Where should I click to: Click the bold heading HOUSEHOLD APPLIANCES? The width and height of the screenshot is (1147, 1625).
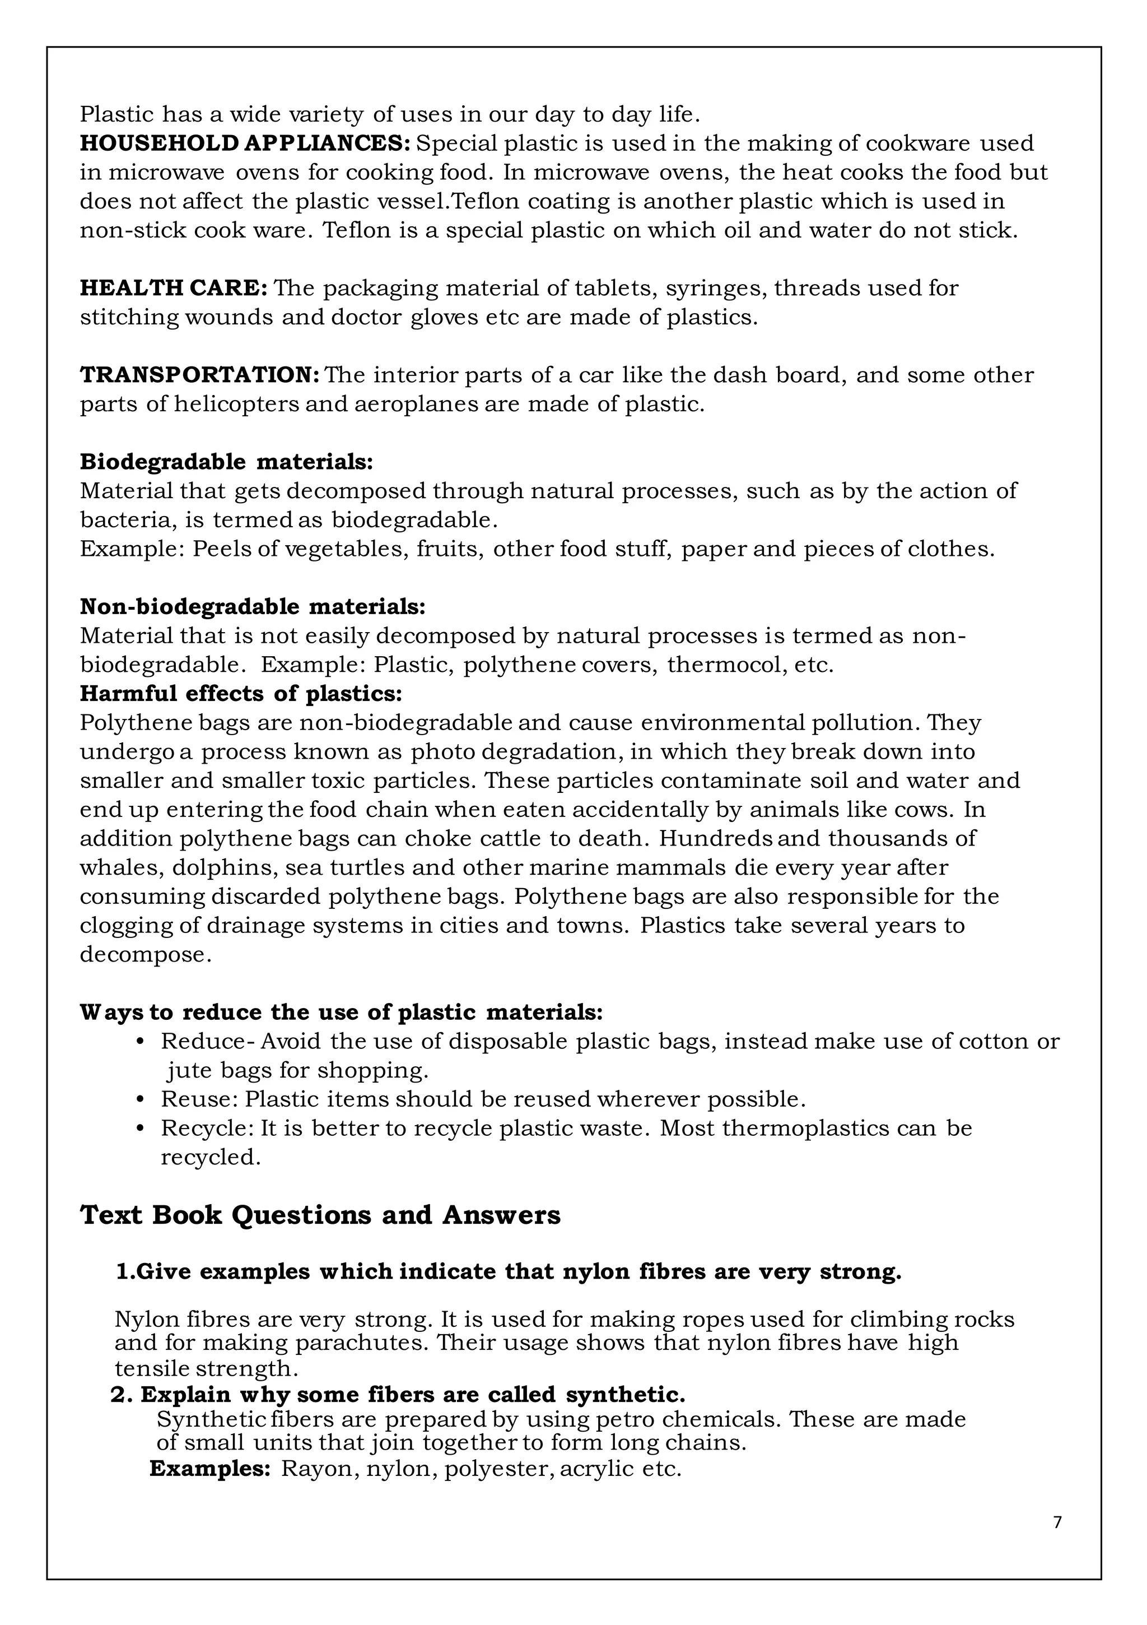click(245, 143)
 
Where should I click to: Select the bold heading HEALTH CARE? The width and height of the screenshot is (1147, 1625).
click(174, 288)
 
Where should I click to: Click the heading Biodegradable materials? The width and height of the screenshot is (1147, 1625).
click(226, 462)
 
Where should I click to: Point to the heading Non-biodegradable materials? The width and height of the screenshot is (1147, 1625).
click(253, 606)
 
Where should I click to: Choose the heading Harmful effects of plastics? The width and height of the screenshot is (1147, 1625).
click(241, 694)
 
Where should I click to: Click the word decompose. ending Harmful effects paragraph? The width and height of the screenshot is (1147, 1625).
click(145, 955)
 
